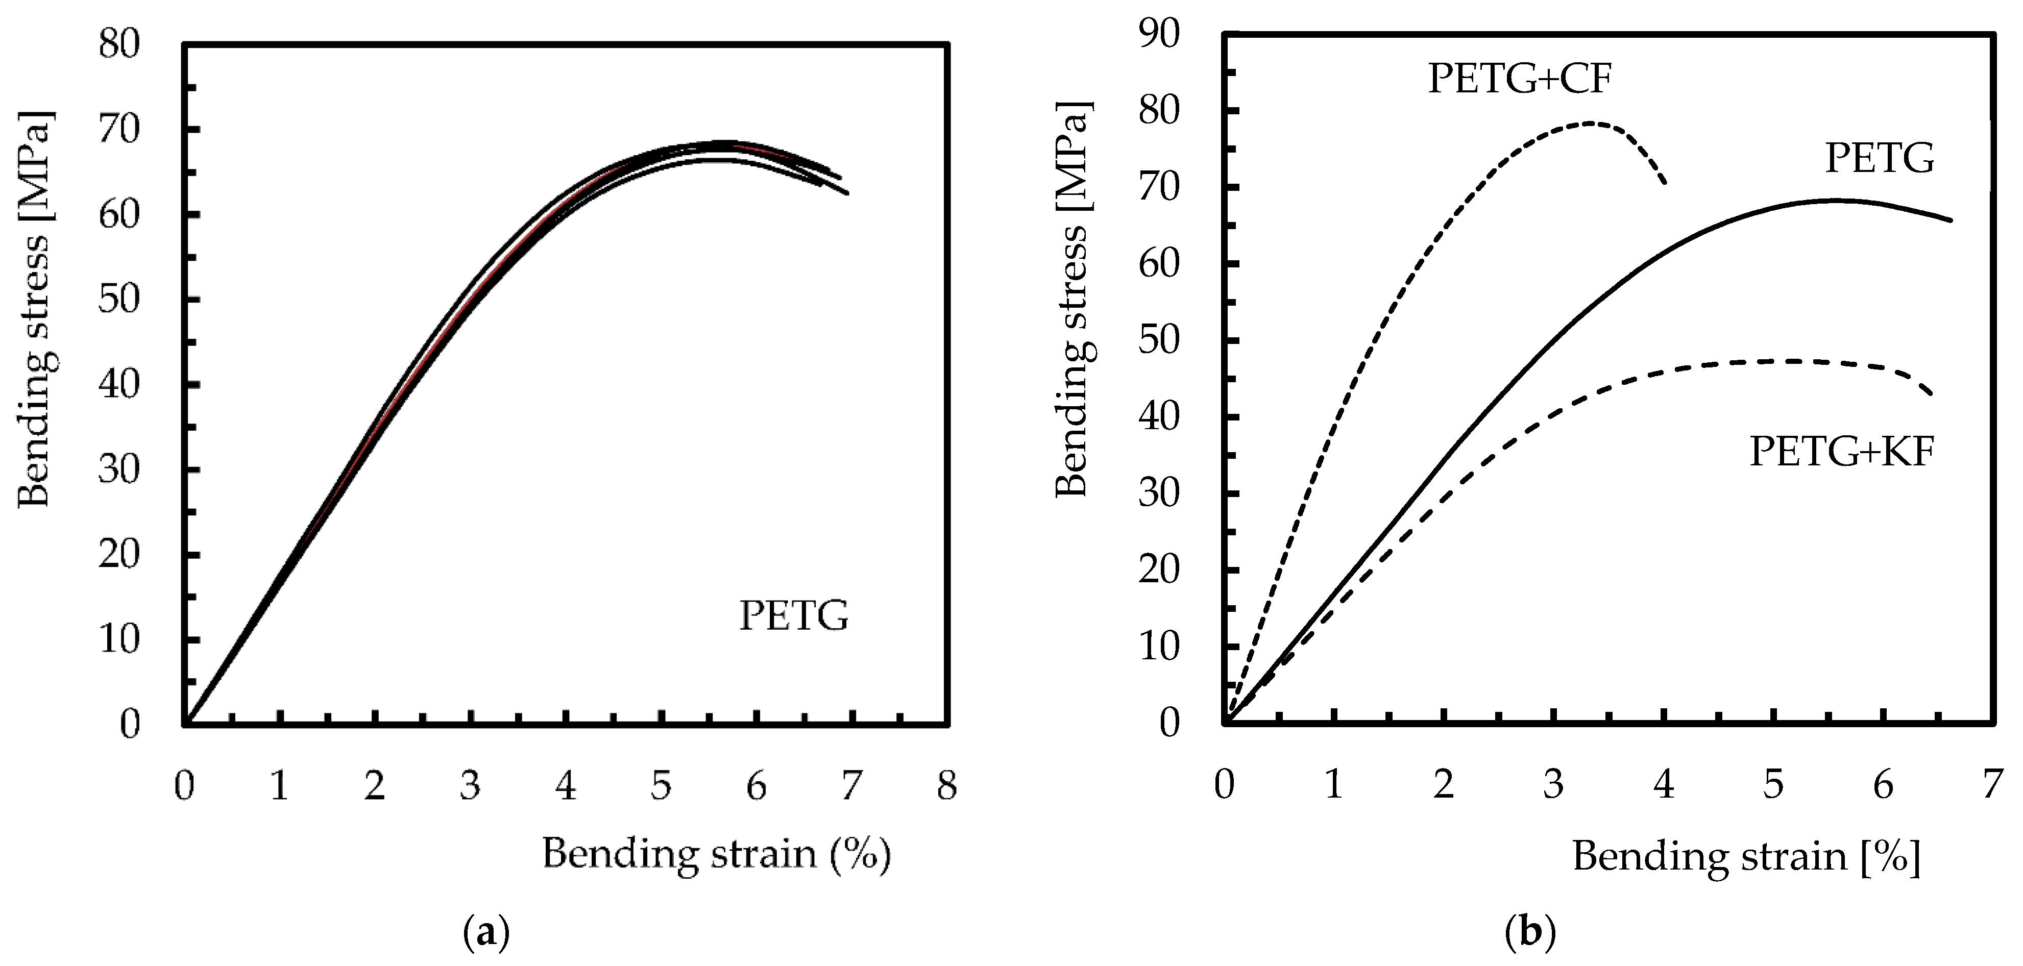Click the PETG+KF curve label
tap(1842, 452)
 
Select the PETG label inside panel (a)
tap(794, 616)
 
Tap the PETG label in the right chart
tap(1879, 159)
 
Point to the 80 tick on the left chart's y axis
tap(119, 44)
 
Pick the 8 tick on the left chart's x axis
tap(947, 785)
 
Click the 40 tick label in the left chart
tap(119, 385)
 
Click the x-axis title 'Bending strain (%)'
tap(716, 854)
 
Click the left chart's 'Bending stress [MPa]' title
tap(35, 309)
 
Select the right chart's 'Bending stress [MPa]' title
tap(1073, 299)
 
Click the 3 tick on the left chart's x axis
tap(470, 785)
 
